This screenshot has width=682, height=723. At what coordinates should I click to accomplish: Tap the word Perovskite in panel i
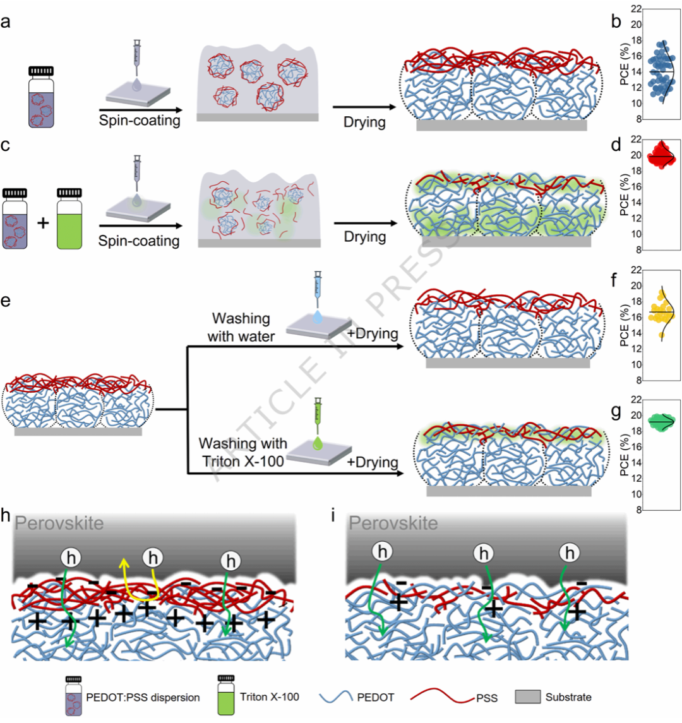pyautogui.click(x=393, y=523)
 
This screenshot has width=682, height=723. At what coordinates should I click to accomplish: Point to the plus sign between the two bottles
pyautogui.click(x=43, y=223)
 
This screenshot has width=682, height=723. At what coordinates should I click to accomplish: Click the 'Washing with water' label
pyautogui.click(x=241, y=327)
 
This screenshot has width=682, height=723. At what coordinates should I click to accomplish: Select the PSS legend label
pyautogui.click(x=486, y=698)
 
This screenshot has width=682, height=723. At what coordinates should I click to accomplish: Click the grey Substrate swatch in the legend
pyautogui.click(x=528, y=697)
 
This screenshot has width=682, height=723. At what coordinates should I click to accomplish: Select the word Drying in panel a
pyautogui.click(x=364, y=121)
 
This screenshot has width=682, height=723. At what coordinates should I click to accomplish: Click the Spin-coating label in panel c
pyautogui.click(x=139, y=241)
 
